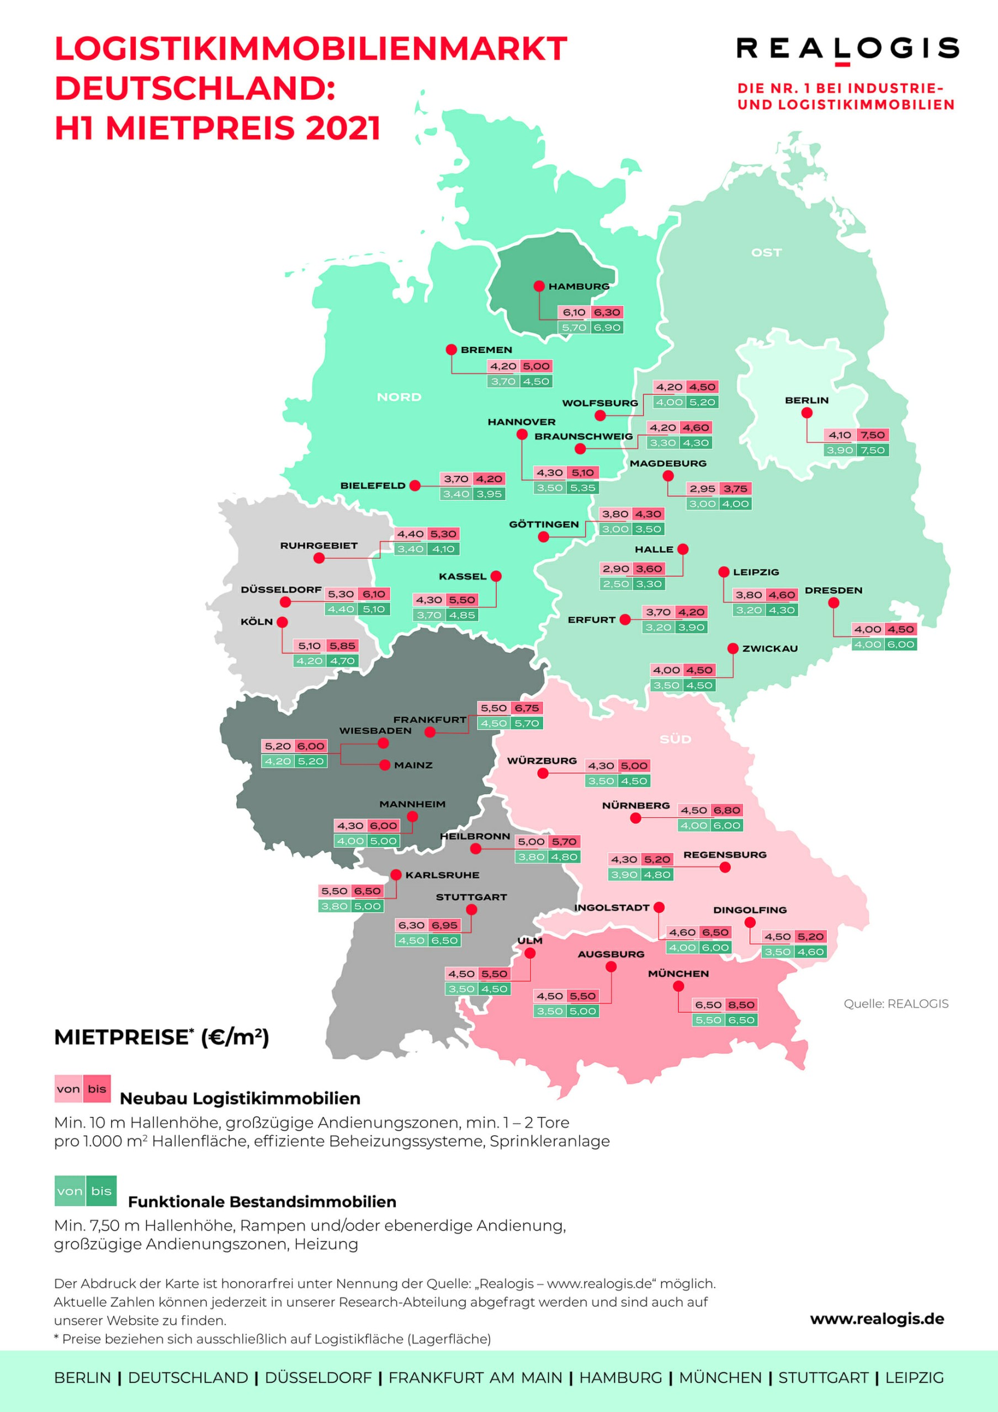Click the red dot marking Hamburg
click(538, 286)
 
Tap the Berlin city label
click(806, 400)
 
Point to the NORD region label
click(399, 397)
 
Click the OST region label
click(766, 253)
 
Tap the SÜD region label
click(675, 739)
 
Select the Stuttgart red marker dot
click(471, 910)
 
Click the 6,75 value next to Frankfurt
click(527, 708)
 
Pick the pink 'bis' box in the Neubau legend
click(97, 1089)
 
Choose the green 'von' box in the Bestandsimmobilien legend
click(70, 1191)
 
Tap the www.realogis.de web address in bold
click(876, 1319)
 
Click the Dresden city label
click(833, 590)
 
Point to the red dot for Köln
click(282, 622)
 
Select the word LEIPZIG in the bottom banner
click(914, 1378)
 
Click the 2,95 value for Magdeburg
click(702, 489)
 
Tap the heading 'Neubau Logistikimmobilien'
click(240, 1098)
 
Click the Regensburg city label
click(724, 855)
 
